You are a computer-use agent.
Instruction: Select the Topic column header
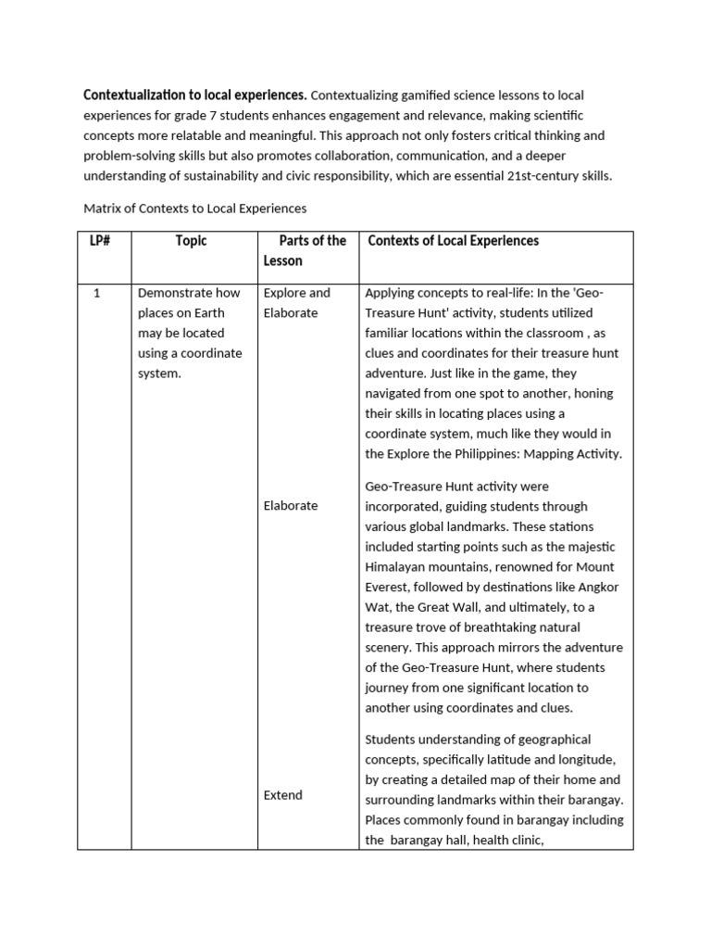tap(192, 241)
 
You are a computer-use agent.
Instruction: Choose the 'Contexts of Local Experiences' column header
tap(453, 241)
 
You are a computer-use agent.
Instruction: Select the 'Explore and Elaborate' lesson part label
tap(296, 303)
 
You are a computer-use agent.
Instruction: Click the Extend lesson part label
tap(282, 795)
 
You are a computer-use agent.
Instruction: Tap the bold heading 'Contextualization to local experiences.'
tap(195, 95)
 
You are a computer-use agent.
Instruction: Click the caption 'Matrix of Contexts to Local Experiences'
tap(195, 209)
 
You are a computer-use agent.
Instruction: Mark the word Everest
tap(390, 587)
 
